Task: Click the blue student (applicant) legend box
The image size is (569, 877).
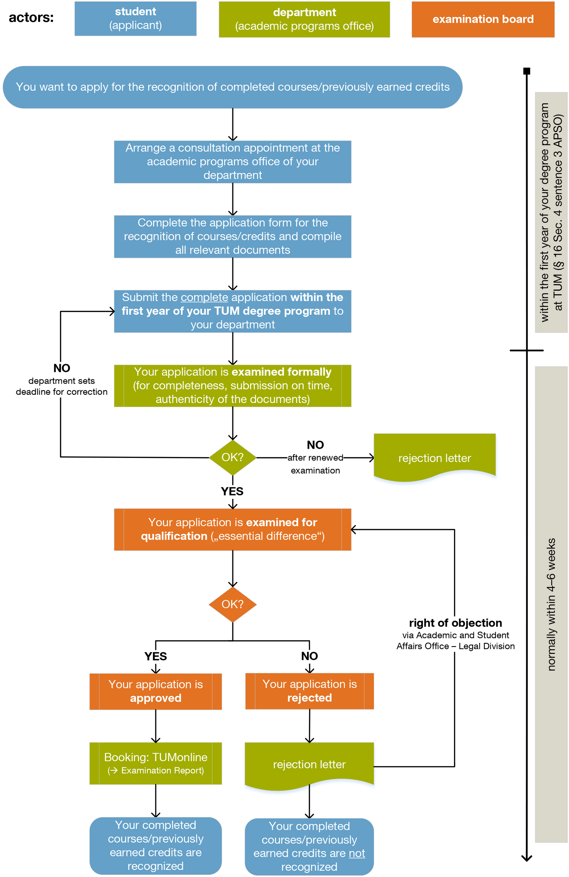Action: (x=135, y=19)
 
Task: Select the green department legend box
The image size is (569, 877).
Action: (x=304, y=20)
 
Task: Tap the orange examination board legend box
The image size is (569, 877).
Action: (x=482, y=20)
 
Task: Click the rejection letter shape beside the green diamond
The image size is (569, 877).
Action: (x=434, y=458)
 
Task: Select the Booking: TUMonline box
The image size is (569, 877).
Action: (x=156, y=763)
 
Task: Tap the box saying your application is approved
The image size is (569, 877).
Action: (x=156, y=691)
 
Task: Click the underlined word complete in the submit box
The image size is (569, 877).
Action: (x=204, y=297)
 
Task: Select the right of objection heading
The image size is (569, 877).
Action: (x=455, y=623)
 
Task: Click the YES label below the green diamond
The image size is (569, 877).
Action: (x=232, y=491)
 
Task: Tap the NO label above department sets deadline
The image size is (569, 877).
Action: (x=62, y=368)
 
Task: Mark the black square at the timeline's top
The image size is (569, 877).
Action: (x=527, y=71)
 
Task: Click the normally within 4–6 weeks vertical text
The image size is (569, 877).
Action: (x=551, y=604)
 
